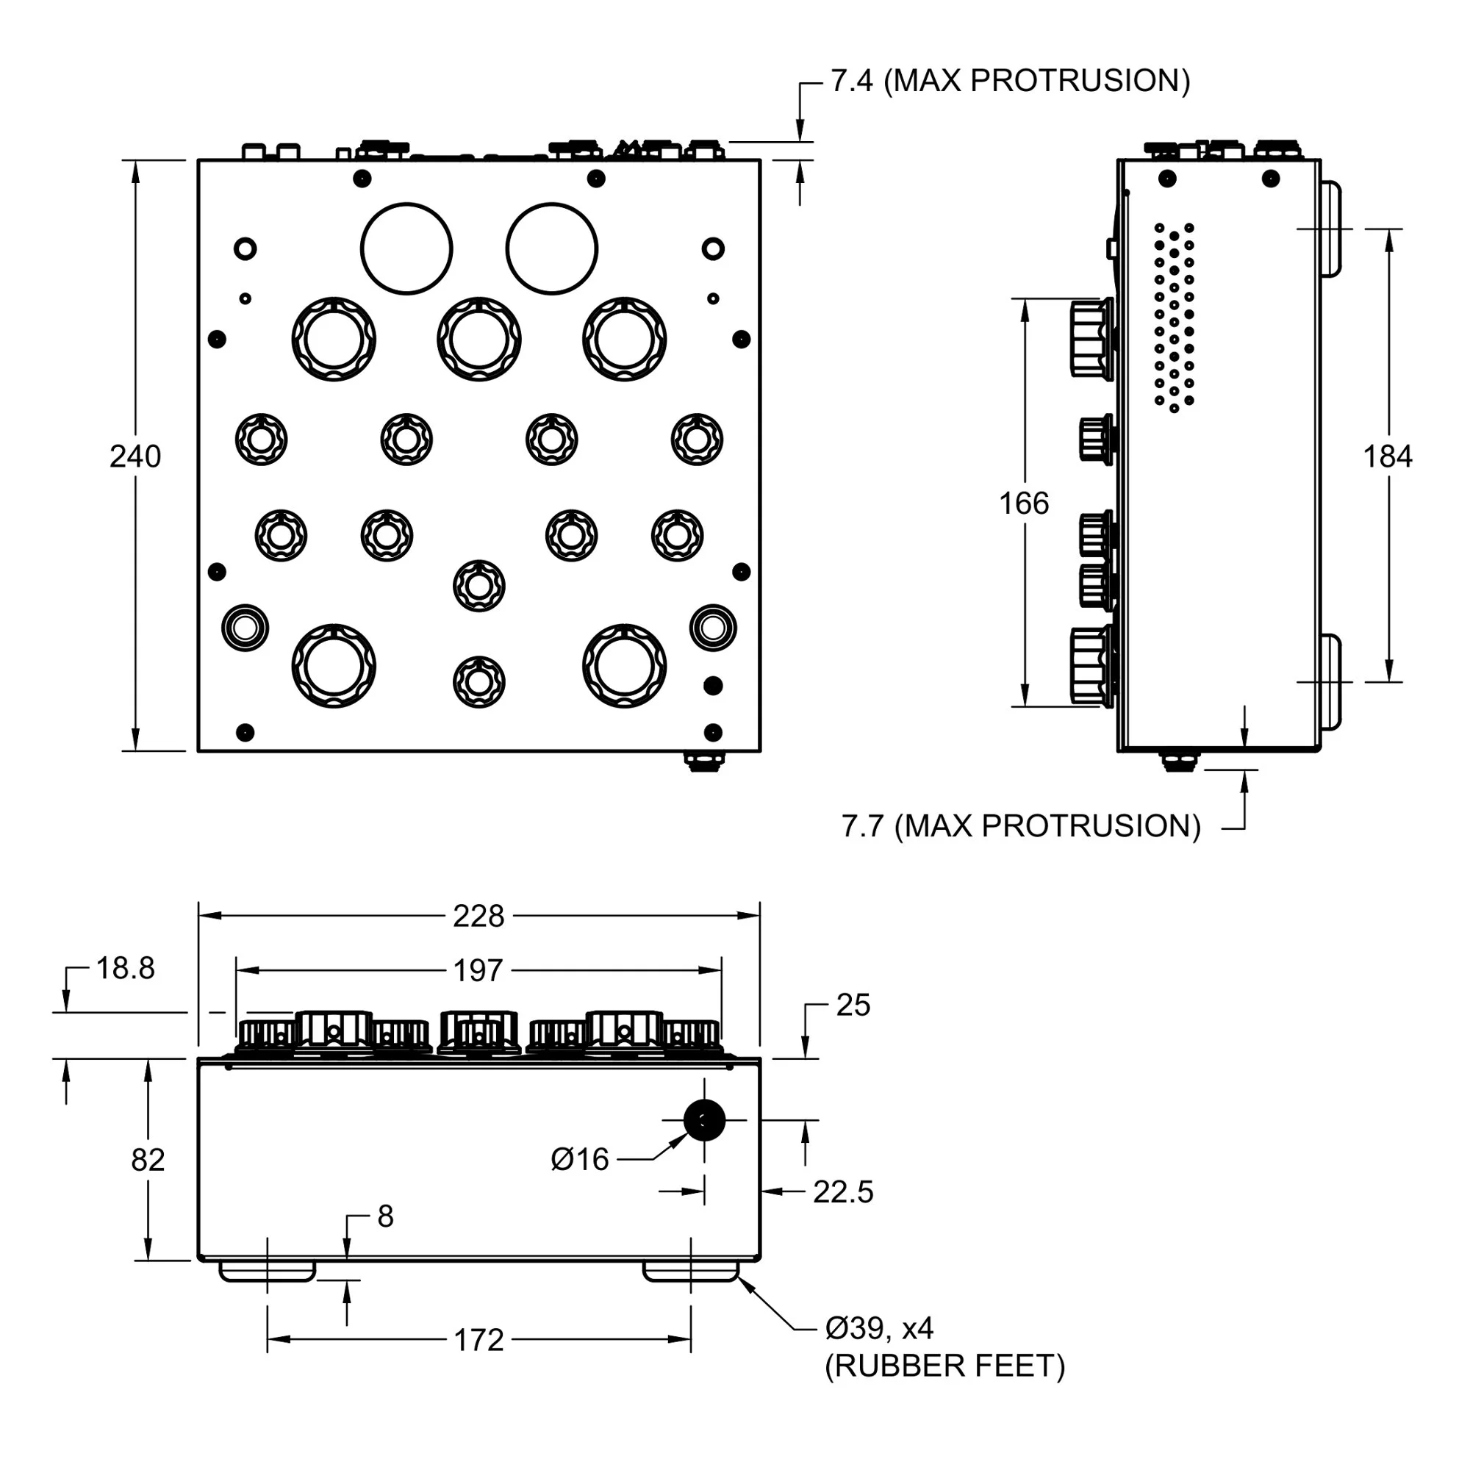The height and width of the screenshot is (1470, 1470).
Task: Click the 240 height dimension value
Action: tap(135, 456)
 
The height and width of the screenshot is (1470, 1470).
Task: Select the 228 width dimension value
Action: tap(478, 916)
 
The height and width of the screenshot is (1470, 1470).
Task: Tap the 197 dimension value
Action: tap(478, 971)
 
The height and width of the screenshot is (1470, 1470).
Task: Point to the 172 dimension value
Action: tap(478, 1340)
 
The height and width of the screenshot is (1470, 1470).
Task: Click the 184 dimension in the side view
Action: tap(1387, 456)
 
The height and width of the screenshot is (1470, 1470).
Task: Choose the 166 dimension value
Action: tap(1023, 503)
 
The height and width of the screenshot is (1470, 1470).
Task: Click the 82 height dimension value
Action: tap(148, 1160)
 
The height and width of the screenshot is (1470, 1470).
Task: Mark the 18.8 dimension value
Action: tap(126, 969)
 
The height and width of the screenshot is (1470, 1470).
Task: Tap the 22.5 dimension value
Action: tap(843, 1192)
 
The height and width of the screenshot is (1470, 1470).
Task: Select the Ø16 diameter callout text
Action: tap(580, 1160)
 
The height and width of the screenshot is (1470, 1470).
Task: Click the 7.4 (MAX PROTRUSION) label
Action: tap(1010, 81)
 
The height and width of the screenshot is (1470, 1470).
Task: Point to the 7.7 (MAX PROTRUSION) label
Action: tap(1021, 826)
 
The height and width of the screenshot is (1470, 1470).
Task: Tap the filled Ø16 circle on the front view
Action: tap(704, 1120)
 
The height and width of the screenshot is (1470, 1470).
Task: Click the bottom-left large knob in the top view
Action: tap(334, 666)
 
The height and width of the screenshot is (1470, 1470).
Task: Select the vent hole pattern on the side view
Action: tap(1174, 317)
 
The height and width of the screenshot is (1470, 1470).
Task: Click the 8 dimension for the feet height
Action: tap(386, 1216)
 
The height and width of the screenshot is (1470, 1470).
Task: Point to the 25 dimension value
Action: tap(853, 1005)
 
